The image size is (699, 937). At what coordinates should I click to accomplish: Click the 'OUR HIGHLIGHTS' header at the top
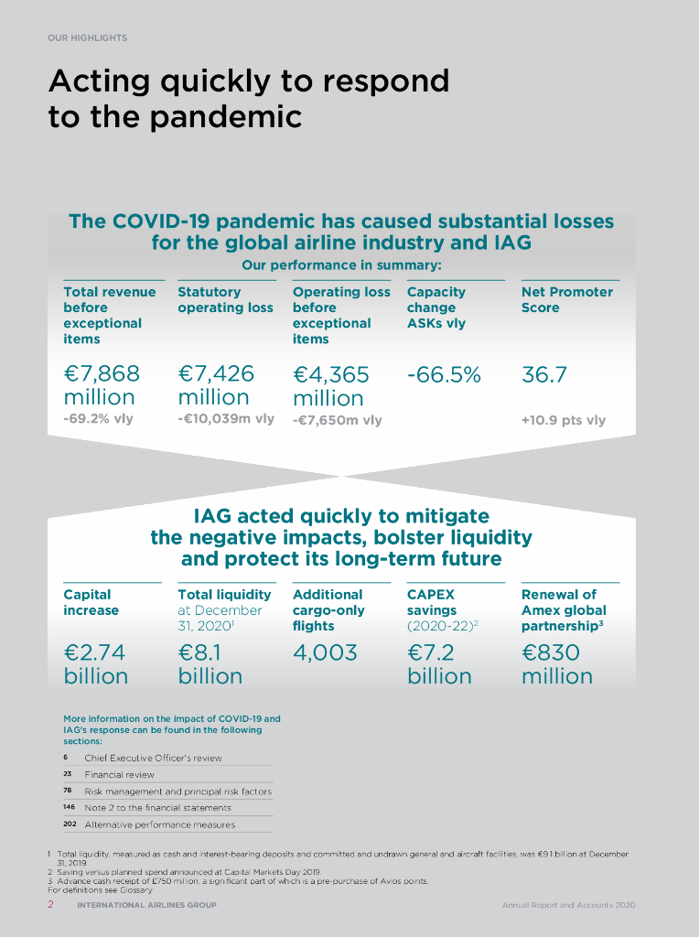(x=87, y=38)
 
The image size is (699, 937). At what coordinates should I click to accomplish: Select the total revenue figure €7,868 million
(x=102, y=385)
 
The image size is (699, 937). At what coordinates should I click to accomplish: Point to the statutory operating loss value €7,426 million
(x=216, y=385)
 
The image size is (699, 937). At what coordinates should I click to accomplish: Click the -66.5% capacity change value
(x=444, y=374)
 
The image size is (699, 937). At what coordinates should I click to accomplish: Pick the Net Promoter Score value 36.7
(x=544, y=374)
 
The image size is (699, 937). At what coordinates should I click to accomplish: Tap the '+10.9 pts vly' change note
(x=563, y=420)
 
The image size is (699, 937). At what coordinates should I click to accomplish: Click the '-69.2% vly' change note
(x=99, y=420)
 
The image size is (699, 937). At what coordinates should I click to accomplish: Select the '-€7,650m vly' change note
(x=337, y=420)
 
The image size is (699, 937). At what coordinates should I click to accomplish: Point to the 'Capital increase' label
(x=91, y=602)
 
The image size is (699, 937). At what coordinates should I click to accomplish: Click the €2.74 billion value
(x=95, y=664)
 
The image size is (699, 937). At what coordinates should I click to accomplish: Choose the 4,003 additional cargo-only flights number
(x=325, y=652)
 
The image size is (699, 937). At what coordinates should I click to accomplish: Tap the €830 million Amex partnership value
(x=556, y=664)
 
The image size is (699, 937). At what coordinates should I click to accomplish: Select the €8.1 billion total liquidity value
(x=210, y=664)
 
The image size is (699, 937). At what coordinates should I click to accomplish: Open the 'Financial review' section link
(x=119, y=774)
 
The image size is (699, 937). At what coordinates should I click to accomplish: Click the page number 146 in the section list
(x=69, y=808)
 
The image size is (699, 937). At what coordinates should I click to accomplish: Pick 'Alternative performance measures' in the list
(x=159, y=824)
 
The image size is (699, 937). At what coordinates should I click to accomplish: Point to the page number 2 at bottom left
(x=51, y=905)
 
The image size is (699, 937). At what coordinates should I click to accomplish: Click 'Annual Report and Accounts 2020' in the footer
(x=567, y=905)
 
